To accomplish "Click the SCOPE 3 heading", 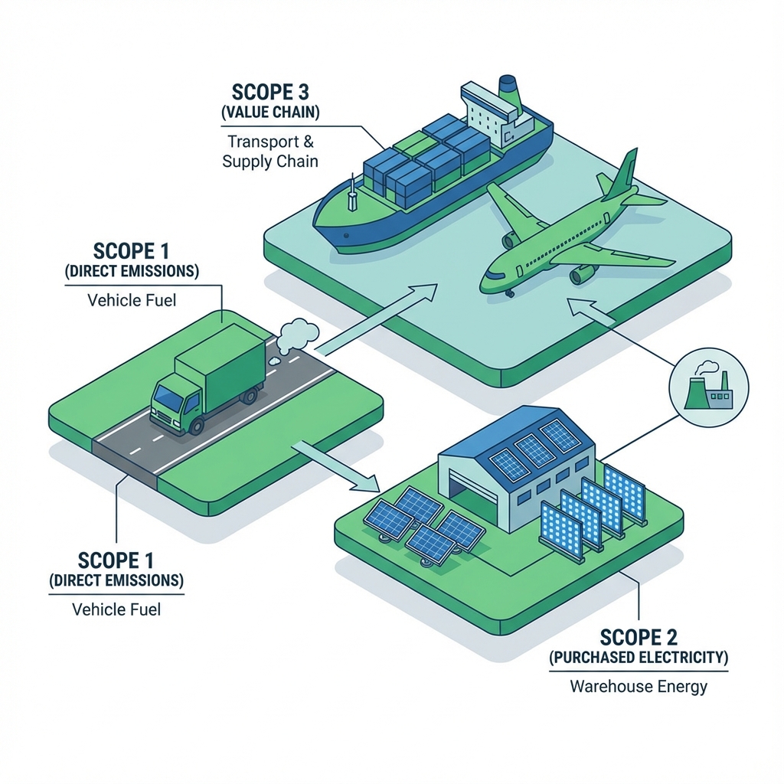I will coord(269,93).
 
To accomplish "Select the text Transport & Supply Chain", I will coord(269,152).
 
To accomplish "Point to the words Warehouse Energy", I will coord(639,686).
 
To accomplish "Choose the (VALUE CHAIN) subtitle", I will coord(269,113).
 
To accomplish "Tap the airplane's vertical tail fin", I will coord(622,175).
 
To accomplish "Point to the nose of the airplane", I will coord(485,283).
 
